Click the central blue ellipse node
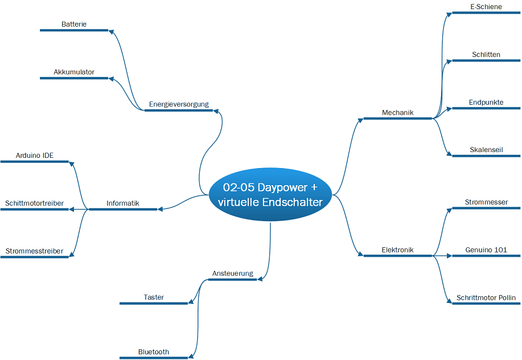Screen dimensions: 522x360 point(270,194)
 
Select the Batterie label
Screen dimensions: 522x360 point(74,24)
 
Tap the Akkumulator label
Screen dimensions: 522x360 point(74,72)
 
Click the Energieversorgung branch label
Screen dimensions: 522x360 point(179,104)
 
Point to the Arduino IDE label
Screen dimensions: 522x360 point(35,156)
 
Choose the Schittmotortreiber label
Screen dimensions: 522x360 point(34,203)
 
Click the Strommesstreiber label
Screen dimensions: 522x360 point(34,251)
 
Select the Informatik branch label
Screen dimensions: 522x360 point(123,203)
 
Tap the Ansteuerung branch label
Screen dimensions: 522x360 point(233,273)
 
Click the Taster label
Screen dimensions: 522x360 point(154,297)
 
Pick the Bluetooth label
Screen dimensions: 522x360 point(154,352)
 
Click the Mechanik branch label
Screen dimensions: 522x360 point(397,113)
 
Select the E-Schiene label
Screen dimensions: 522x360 point(486,7)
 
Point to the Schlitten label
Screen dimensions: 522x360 point(486,55)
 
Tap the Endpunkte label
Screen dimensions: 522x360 point(486,102)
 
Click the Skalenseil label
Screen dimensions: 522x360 point(486,150)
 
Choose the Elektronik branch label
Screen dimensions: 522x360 point(397,250)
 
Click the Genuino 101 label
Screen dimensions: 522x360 point(486,250)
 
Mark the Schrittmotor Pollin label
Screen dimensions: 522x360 point(486,298)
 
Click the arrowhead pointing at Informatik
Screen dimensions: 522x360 point(160,209)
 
